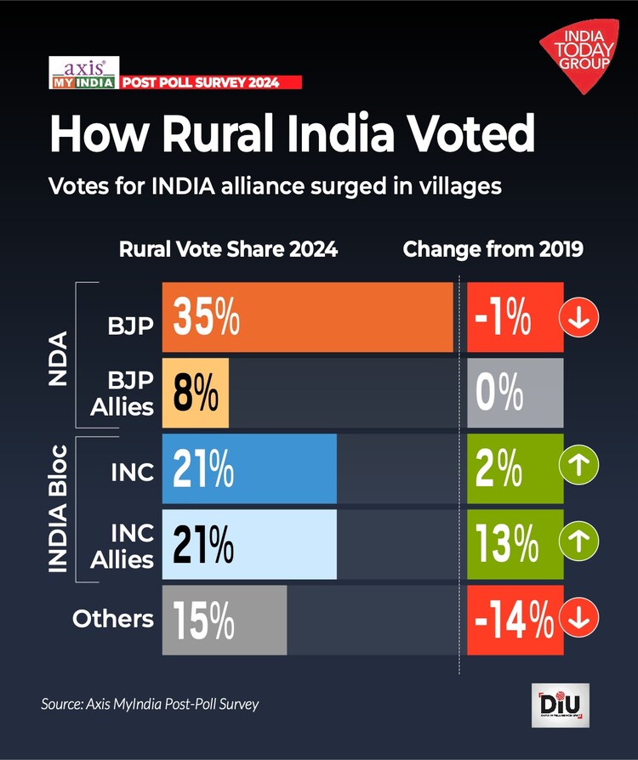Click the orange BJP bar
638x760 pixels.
point(307,316)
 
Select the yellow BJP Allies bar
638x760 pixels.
point(195,392)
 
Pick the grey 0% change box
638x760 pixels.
point(515,392)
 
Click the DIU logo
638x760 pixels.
point(560,705)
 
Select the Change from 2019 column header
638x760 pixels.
point(493,250)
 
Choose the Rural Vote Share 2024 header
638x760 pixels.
point(228,250)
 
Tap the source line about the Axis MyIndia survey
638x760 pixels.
point(150,704)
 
